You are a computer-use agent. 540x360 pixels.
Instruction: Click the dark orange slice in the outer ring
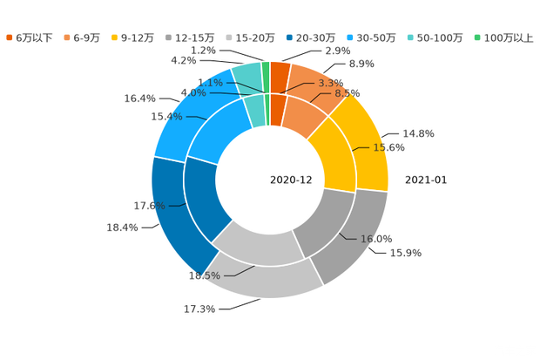coord(280,71)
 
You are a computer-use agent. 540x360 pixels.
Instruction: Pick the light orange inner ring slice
coord(305,119)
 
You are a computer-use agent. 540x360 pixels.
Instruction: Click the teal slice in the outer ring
coord(246,75)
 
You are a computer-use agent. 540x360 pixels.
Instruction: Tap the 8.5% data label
coord(348,93)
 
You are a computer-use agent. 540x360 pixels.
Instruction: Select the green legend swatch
coord(476,37)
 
